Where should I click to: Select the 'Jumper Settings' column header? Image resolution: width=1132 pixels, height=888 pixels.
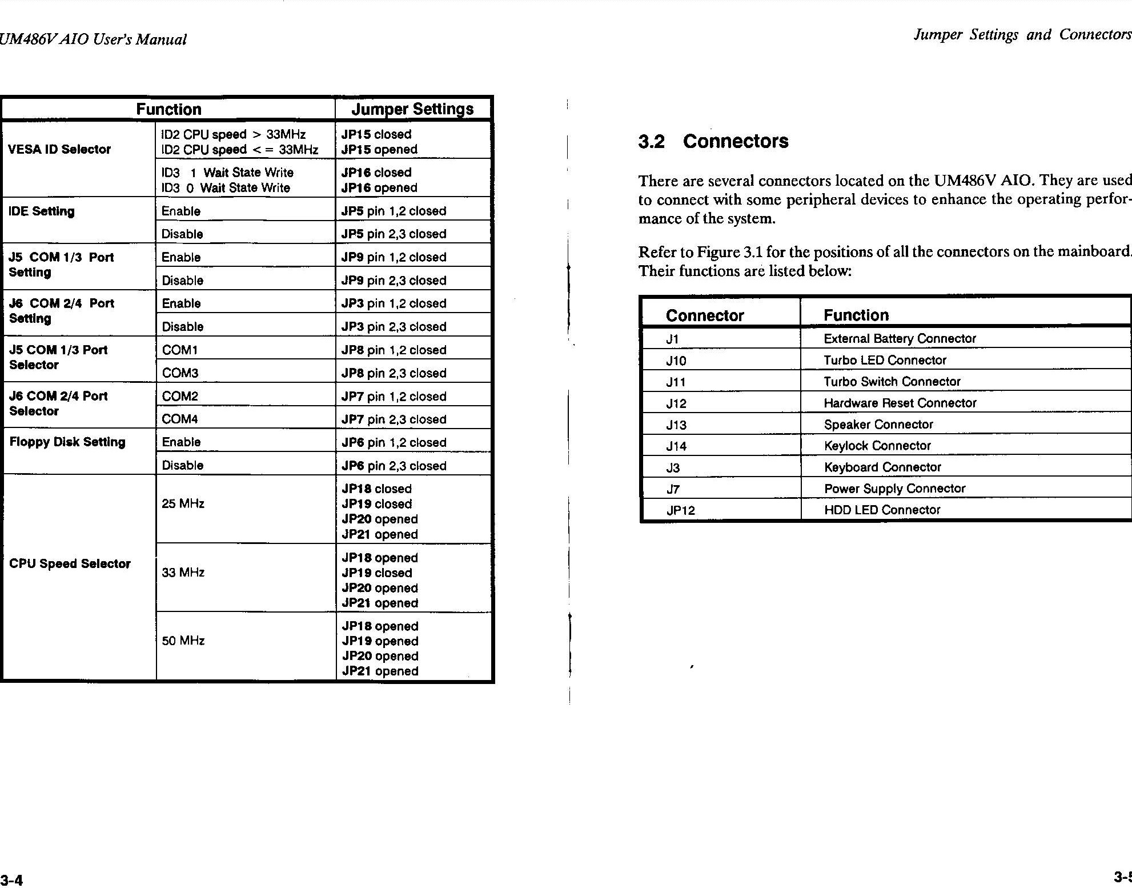coord(412,109)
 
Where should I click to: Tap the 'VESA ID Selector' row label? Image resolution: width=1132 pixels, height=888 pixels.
coord(59,149)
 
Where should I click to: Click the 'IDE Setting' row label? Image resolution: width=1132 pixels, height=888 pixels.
coord(42,211)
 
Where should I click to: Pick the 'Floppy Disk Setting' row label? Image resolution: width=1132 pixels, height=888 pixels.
coord(67,442)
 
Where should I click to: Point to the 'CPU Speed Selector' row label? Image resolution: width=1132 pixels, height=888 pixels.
coord(70,563)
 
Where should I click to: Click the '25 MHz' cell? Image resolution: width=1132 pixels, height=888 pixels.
coord(183,503)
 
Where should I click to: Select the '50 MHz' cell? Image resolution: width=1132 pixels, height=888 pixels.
coord(183,641)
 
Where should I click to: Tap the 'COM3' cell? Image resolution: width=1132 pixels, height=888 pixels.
coord(180,373)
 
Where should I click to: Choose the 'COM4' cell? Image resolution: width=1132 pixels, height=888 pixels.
coord(180,419)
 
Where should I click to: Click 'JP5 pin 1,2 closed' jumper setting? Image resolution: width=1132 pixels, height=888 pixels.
coord(394,211)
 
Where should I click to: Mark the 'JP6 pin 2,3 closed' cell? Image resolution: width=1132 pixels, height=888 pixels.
coord(394,466)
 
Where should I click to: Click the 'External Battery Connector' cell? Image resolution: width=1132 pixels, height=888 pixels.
coord(900,338)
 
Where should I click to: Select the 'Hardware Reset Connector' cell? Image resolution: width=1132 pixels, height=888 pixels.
coord(900,403)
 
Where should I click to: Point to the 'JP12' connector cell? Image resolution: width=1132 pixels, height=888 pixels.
coord(680,510)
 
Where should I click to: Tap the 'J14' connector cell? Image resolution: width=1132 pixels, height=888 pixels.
coord(676,446)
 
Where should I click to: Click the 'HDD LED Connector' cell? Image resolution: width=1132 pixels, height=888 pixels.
coord(882,510)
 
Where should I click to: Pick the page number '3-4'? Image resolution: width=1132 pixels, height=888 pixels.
coord(11,879)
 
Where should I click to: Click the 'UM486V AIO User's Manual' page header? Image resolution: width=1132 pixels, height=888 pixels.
coord(93,39)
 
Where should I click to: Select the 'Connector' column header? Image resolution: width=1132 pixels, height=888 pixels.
coord(704,315)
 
